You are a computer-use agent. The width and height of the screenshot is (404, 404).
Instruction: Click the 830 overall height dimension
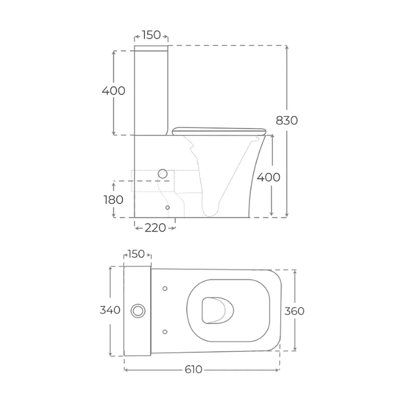pos(286,120)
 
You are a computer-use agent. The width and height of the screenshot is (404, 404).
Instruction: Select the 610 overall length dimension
pos(193,370)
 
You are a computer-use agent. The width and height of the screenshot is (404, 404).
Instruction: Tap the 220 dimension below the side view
pos(155,228)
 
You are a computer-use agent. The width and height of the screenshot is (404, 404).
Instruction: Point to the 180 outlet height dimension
pos(114,200)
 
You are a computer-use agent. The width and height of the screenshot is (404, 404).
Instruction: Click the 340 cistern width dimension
pos(110,310)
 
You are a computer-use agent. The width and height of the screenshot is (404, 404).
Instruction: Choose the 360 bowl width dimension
pos(294,311)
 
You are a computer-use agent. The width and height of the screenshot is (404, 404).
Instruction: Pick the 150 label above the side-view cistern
pos(151,35)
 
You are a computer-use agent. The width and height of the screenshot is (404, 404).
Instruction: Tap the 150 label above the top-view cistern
pos(137,254)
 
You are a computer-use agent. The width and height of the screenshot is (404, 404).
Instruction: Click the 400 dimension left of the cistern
pos(114,90)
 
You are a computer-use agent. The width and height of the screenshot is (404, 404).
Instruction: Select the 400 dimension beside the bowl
pos(269,177)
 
